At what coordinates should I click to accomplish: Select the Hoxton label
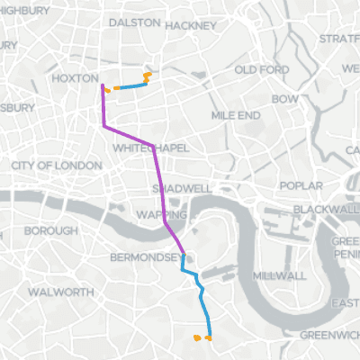point(75,79)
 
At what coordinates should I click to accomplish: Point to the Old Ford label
point(261,70)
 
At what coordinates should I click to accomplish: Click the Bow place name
point(284,98)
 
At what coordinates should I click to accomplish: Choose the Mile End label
point(236,116)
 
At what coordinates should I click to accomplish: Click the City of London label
point(56,166)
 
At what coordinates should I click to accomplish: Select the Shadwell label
point(182,189)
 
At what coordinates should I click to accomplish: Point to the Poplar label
point(301,185)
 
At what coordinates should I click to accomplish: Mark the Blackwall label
point(326,209)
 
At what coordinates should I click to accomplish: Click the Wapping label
point(161,215)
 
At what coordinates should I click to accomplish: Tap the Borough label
point(50,231)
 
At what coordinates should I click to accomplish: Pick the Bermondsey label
point(145,257)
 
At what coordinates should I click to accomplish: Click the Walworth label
point(60,292)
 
